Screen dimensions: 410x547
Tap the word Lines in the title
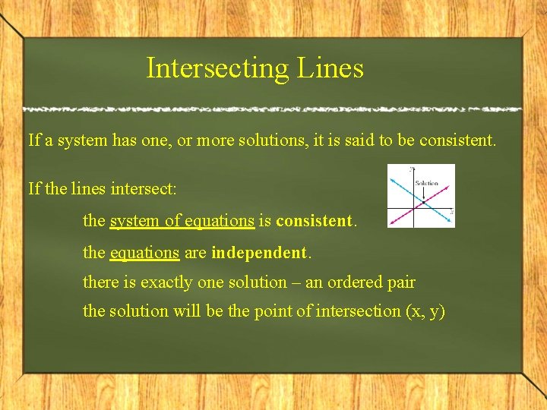pyautogui.click(x=330, y=68)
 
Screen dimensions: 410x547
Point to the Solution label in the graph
pyautogui.click(x=426, y=184)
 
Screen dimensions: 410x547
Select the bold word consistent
pyautogui.click(x=314, y=221)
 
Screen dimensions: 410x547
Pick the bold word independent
pyautogui.click(x=259, y=252)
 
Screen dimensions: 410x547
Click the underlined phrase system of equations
pyautogui.click(x=182, y=221)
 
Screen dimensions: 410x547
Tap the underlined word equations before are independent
pyautogui.click(x=144, y=252)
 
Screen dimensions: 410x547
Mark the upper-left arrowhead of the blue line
pyautogui.click(x=392, y=180)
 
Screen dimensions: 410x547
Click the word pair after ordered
pyautogui.click(x=400, y=282)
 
